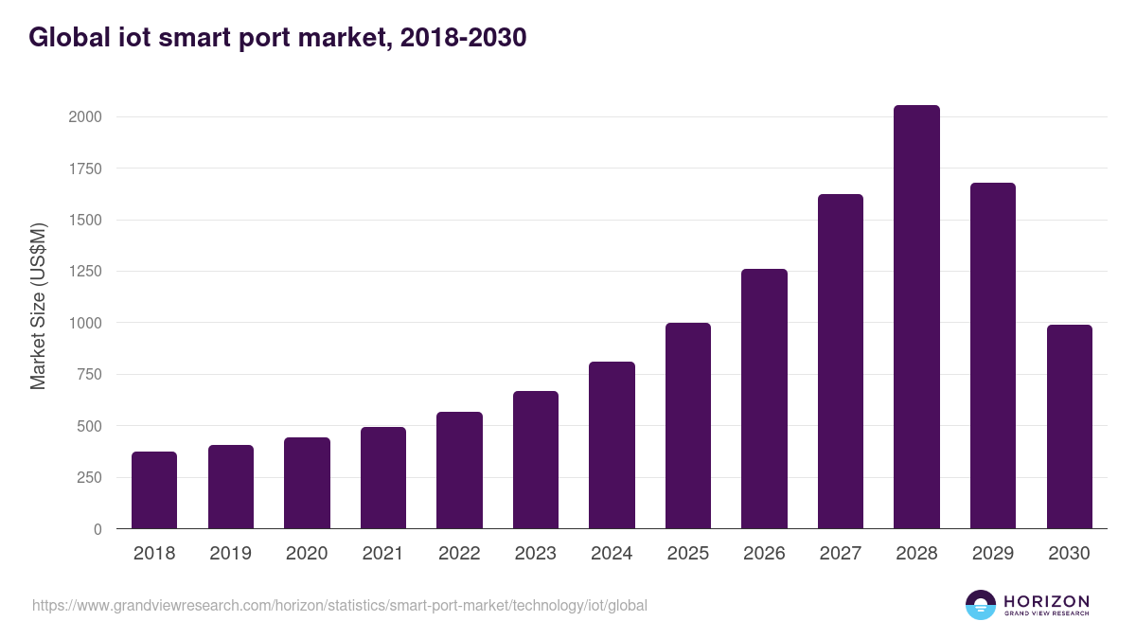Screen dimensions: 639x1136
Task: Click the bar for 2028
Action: (x=916, y=317)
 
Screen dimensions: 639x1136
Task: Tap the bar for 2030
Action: (x=1070, y=427)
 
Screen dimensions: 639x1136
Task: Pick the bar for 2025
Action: (x=688, y=426)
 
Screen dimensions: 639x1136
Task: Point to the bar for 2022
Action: (x=459, y=470)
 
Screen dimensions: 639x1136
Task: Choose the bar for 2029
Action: (x=993, y=356)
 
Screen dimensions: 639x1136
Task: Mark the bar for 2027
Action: (x=841, y=362)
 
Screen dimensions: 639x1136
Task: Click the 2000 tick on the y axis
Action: (x=84, y=117)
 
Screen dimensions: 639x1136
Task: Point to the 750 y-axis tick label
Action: (x=88, y=375)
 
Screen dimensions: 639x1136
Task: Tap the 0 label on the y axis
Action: (x=98, y=529)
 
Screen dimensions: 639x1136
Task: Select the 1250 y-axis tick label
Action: (x=84, y=272)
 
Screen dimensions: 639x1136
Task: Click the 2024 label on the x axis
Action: (x=612, y=554)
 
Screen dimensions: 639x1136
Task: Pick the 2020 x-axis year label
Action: (x=307, y=554)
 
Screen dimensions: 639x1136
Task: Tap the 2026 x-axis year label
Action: (x=764, y=554)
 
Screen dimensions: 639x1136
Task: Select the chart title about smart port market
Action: (x=276, y=38)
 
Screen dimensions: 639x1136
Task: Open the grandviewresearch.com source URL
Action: (x=340, y=605)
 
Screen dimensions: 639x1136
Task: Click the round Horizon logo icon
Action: (x=981, y=605)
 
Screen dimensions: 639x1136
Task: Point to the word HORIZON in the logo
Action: (x=1046, y=601)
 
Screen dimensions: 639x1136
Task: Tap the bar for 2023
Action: (x=536, y=460)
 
